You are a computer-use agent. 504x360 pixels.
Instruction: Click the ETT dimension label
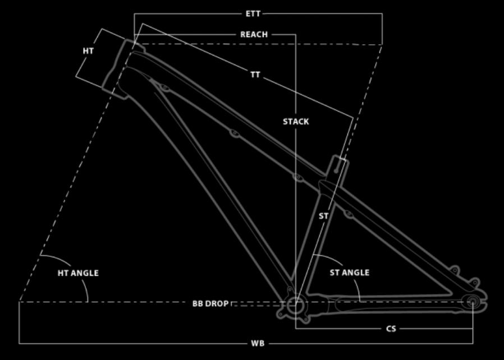(253, 14)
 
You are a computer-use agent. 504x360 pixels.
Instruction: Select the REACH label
(254, 34)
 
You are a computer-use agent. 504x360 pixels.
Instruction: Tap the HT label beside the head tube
(88, 50)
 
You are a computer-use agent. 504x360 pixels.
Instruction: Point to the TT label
(255, 75)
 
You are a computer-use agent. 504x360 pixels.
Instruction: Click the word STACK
(296, 122)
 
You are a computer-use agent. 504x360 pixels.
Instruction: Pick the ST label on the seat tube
(323, 216)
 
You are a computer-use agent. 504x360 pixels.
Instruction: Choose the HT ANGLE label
(78, 273)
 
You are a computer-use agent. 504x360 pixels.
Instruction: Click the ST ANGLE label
(350, 273)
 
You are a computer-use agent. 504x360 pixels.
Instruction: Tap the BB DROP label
(210, 304)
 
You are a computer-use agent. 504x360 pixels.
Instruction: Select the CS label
(391, 329)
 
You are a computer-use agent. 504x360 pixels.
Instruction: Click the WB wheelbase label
(258, 344)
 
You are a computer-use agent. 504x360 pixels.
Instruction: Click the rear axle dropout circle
(473, 302)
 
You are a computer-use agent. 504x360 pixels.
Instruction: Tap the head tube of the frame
(123, 69)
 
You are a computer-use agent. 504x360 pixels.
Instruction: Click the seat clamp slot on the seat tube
(337, 166)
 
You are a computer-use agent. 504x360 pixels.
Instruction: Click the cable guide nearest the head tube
(165, 87)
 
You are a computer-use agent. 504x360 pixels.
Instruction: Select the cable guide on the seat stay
(349, 214)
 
